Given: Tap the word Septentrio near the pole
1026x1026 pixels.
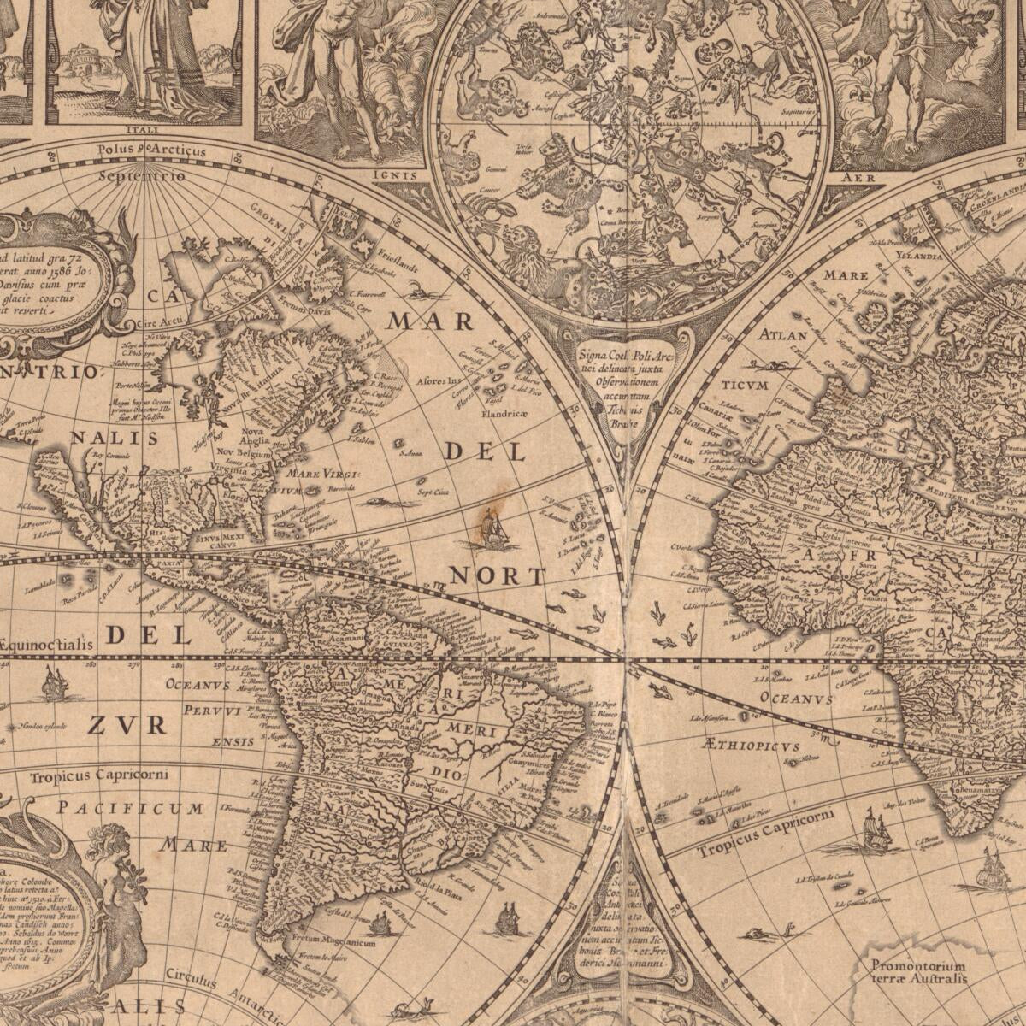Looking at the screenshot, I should pyautogui.click(x=141, y=176).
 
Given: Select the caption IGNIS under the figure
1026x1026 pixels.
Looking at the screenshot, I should pyautogui.click(x=394, y=176).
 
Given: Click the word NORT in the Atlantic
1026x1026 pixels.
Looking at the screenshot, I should pyautogui.click(x=498, y=577).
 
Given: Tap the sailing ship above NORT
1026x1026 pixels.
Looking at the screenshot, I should pyautogui.click(x=492, y=530).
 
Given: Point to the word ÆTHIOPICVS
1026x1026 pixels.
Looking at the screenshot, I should pyautogui.click(x=751, y=746).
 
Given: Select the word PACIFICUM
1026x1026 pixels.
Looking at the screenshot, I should pyautogui.click(x=131, y=808).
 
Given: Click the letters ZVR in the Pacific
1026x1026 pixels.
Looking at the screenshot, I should pyautogui.click(x=127, y=726).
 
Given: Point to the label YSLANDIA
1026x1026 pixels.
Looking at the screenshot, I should pyautogui.click(x=919, y=255).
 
